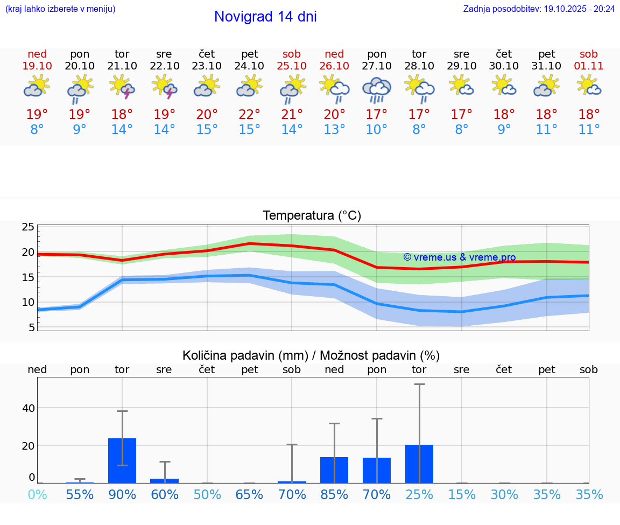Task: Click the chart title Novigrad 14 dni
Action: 265,17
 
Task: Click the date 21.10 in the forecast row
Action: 122,66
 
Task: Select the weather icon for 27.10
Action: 377,89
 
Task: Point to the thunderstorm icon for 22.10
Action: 165,87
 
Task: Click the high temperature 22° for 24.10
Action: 250,115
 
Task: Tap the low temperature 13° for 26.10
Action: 334,130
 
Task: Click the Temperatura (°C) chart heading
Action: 312,216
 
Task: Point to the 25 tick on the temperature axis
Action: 28,227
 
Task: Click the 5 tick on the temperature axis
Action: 31,327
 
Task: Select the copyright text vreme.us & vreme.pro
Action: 459,257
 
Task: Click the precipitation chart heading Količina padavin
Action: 311,355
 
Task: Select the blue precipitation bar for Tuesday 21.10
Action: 122,461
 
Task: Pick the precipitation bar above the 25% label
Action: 419,464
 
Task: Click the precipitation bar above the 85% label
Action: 334,470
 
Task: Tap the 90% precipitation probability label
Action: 122,495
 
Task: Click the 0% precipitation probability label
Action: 37,495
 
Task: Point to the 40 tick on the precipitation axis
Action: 28,408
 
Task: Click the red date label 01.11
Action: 589,66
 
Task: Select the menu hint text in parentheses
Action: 60,9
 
